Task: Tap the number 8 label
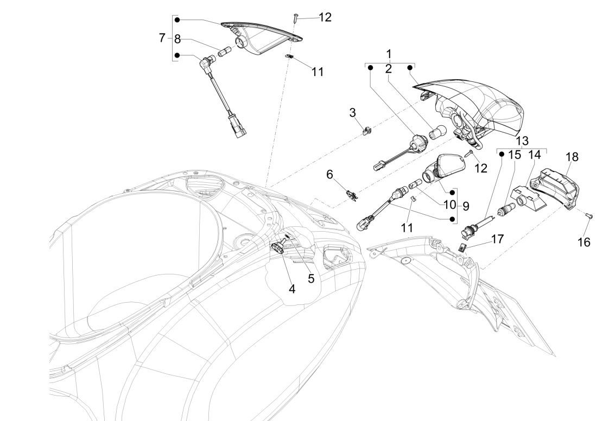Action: pyautogui.click(x=177, y=39)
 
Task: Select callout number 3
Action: pyautogui.click(x=352, y=112)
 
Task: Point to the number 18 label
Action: pyautogui.click(x=572, y=157)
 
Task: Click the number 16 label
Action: pyautogui.click(x=584, y=242)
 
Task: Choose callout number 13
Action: pyautogui.click(x=522, y=140)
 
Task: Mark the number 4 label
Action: pyautogui.click(x=292, y=289)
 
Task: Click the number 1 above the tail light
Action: pyautogui.click(x=388, y=55)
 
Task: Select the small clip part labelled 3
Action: pyautogui.click(x=367, y=131)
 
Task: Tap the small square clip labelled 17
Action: pyautogui.click(x=463, y=247)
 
